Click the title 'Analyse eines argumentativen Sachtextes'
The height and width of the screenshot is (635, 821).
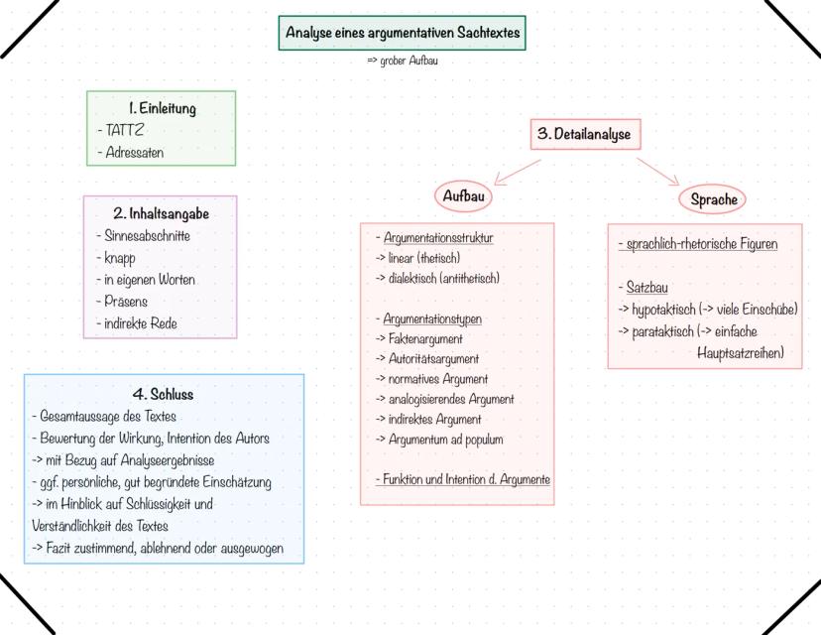point(402,33)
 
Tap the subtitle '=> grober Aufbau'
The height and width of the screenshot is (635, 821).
point(403,61)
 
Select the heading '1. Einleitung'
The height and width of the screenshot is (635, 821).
point(162,108)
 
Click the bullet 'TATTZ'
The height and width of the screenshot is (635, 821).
point(125,130)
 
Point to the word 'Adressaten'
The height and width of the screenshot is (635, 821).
point(134,153)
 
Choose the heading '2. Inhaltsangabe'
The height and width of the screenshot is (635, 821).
point(161,212)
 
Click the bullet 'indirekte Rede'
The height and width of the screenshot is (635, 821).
point(140,323)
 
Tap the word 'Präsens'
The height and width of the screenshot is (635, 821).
point(126,302)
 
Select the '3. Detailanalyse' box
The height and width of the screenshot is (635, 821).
point(583,133)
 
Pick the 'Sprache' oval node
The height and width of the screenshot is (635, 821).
point(714,199)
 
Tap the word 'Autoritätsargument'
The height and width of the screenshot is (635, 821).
point(431,358)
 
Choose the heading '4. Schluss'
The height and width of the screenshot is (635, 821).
point(163,394)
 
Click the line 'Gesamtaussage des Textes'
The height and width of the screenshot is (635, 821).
point(107,416)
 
